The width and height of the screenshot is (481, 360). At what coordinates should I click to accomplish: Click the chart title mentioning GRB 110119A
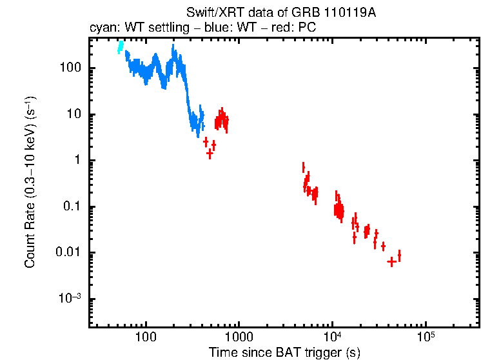[x=280, y=13]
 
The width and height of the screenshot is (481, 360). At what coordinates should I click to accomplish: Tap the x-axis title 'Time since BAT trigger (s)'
[x=284, y=352]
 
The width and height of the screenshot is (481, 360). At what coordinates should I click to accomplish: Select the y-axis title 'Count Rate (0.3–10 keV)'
[x=30, y=182]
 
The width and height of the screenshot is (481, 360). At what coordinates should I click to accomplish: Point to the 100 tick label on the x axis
[x=146, y=337]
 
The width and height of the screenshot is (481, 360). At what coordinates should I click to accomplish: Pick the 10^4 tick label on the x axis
[x=332, y=336]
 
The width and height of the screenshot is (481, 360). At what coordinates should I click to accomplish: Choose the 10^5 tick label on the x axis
[x=425, y=336]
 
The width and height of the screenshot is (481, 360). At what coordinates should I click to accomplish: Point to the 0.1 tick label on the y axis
[x=71, y=207]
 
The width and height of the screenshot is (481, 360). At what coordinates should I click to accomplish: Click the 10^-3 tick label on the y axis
[x=70, y=298]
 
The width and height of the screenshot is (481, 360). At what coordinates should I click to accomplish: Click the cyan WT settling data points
[x=120, y=47]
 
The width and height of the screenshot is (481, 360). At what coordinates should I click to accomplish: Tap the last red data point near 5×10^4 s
[x=399, y=255]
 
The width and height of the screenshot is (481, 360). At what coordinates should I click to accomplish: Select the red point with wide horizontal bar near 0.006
[x=391, y=261]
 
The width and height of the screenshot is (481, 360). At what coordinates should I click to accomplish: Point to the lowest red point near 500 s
[x=210, y=154]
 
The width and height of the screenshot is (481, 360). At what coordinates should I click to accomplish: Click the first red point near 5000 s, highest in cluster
[x=303, y=168]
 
